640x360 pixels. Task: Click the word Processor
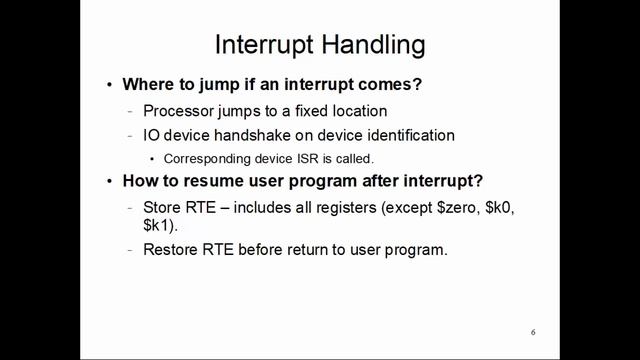181,110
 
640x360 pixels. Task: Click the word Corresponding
208,158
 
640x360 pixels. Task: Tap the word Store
163,207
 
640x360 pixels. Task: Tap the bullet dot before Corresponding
152,159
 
